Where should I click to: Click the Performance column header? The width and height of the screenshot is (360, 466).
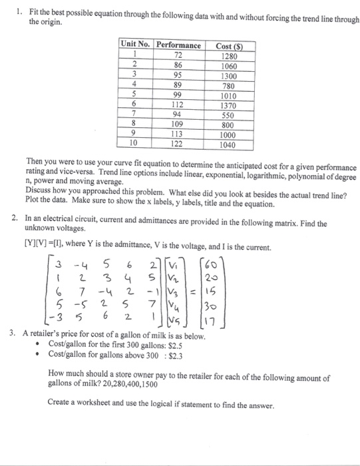(x=178, y=45)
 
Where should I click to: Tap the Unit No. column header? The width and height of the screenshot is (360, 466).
(x=136, y=45)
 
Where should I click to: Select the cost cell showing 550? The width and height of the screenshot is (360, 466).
(x=229, y=114)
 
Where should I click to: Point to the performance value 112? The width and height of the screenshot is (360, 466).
(x=178, y=105)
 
